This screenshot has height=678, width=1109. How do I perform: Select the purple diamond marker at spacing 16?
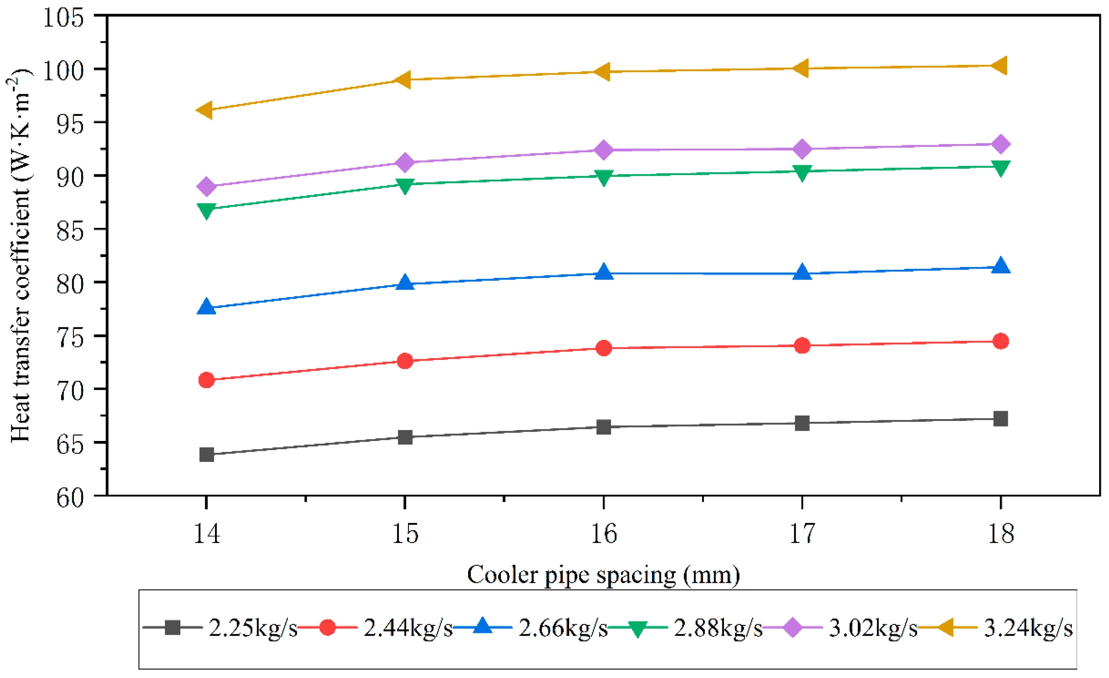603,150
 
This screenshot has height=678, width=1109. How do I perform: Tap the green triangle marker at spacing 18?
1000,168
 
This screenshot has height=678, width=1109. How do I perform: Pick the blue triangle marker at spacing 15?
405,282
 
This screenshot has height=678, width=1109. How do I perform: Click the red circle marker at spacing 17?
802,346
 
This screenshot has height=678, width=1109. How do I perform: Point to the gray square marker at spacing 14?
206,454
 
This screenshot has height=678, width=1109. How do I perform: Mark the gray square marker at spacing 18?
1000,418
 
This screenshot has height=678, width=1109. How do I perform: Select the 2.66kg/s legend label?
563,628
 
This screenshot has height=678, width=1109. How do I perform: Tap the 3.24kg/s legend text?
1028,628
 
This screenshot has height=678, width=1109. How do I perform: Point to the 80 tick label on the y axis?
70,284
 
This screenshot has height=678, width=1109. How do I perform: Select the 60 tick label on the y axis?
70,498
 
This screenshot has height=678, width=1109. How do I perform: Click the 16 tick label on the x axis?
603,534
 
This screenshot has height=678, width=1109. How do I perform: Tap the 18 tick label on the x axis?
1000,534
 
